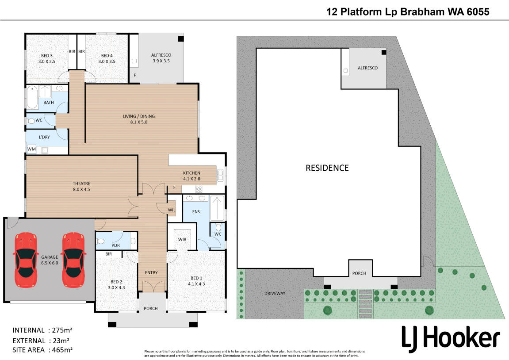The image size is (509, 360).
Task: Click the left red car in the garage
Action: (26, 260)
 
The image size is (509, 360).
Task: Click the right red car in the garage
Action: (73, 260)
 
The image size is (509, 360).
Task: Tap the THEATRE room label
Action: (81, 184)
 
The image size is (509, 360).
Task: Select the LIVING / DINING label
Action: (139, 116)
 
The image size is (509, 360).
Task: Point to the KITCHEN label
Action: (192, 173)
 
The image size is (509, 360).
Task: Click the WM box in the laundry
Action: (31, 149)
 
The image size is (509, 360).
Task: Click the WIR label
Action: (182, 239)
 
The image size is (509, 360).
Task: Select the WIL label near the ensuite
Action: (172, 210)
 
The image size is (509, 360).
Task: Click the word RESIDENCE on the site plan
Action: (327, 168)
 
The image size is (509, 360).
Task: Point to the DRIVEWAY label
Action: (275, 293)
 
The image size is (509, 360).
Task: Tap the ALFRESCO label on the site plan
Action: (367, 68)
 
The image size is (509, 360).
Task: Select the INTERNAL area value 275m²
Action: (59, 330)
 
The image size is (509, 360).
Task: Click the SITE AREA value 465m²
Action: (61, 350)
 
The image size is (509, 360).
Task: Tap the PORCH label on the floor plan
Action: (151, 308)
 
